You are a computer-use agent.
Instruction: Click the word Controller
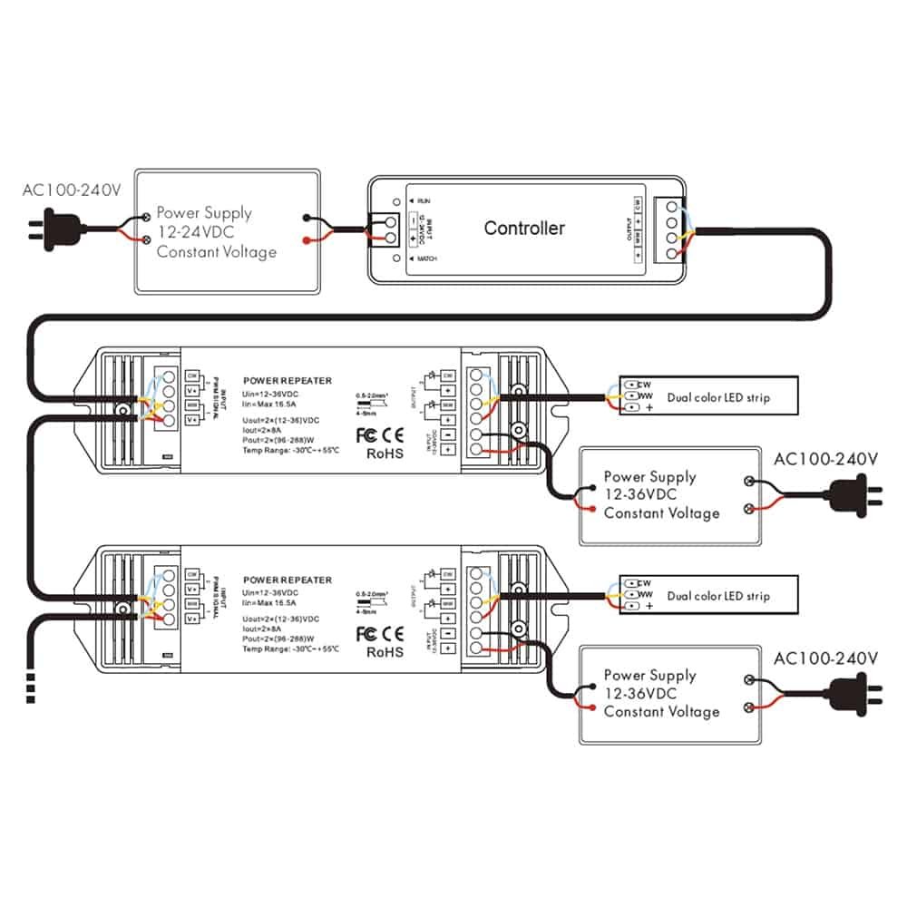(x=524, y=228)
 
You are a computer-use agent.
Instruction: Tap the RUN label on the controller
(x=423, y=199)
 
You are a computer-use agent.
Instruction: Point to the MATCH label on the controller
(x=426, y=259)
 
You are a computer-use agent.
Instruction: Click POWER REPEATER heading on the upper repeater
(x=288, y=381)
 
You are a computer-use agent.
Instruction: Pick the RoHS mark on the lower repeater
(x=384, y=651)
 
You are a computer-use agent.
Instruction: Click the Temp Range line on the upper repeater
(x=291, y=451)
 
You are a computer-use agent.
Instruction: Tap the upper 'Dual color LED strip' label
(x=718, y=397)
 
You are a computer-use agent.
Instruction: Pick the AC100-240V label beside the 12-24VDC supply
(x=72, y=190)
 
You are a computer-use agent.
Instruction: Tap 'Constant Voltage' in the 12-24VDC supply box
(x=217, y=251)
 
